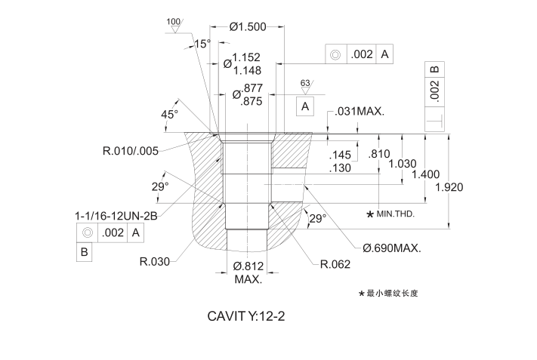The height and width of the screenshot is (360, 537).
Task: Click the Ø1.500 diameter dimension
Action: pos(247,27)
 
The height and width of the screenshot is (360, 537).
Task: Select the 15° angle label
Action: pos(202,45)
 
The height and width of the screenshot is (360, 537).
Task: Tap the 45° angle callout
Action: pos(169,114)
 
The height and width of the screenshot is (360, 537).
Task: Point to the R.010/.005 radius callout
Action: pos(131,151)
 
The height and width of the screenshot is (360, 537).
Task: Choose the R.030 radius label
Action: pos(154,263)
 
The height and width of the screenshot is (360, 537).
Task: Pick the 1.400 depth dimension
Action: pos(425,174)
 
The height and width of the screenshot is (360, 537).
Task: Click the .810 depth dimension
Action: pos(378,153)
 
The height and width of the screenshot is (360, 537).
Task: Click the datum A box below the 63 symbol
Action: pos(305,107)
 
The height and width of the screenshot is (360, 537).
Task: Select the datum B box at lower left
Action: pos(85,252)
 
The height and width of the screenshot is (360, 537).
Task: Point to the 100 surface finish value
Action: pos(173,21)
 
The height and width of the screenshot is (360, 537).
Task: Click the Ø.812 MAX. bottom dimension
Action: pos(248,272)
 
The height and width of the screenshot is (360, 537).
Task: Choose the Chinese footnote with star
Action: pos(388,293)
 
